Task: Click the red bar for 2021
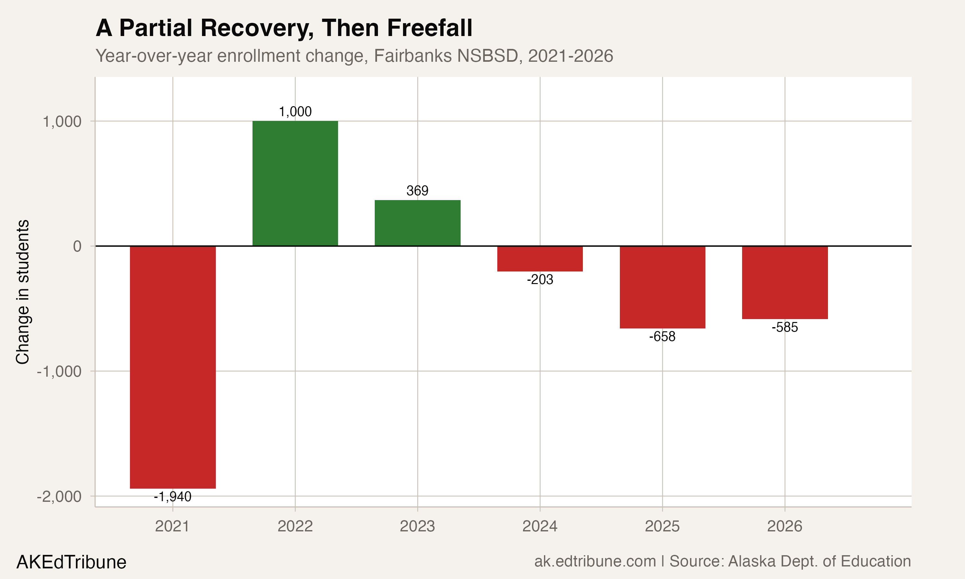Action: click(173, 367)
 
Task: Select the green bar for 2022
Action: click(295, 183)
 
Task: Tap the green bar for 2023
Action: click(417, 223)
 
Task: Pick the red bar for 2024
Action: click(540, 259)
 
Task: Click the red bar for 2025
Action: click(662, 287)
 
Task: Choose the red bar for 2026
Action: click(785, 282)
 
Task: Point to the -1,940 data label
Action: click(173, 497)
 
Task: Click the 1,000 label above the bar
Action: click(295, 112)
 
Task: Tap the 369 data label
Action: click(417, 191)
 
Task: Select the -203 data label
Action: click(540, 280)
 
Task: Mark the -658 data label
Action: click(662, 337)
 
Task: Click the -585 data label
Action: click(785, 327)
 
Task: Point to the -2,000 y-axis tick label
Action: click(59, 497)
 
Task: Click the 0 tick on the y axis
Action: click(77, 246)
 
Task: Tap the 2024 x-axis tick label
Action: click(540, 526)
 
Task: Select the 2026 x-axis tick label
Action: click(785, 526)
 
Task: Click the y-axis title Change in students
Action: click(23, 292)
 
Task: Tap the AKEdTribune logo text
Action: click(71, 562)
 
